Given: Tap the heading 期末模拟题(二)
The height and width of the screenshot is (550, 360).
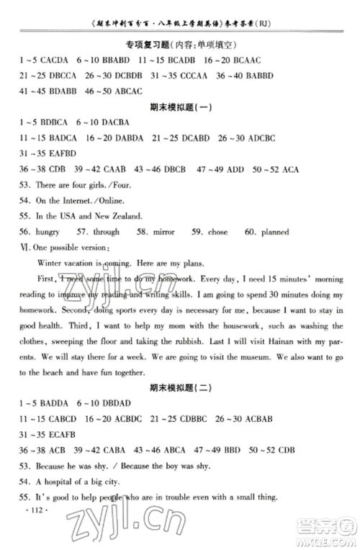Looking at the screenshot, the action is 178,388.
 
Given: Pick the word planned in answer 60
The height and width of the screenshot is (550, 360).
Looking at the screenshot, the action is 274,232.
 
